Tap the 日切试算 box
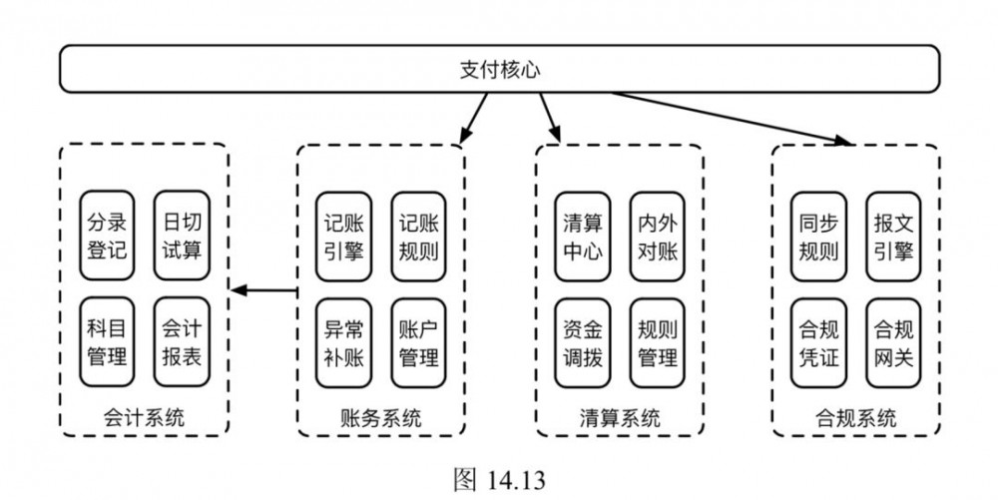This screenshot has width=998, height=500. pos(181,235)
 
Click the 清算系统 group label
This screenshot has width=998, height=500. pos(619,417)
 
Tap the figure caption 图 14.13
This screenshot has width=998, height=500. pos(499,479)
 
